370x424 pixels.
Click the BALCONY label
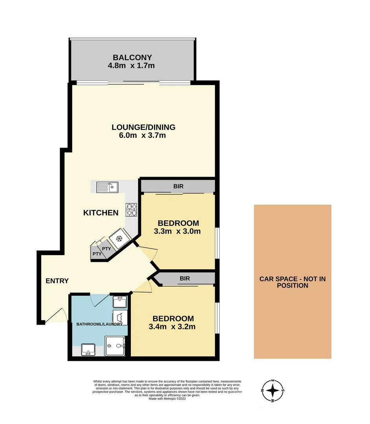132,58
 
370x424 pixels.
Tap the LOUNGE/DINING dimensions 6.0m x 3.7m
143,136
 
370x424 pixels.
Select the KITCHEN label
101,213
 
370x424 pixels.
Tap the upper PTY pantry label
106,249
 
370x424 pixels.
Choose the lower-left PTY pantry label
97,254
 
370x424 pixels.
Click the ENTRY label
57,281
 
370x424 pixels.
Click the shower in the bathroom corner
116,346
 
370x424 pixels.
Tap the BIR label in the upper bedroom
178,186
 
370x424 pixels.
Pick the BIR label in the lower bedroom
185,279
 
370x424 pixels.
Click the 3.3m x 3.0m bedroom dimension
177,231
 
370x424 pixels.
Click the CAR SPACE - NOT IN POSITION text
293,282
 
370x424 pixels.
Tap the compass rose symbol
273,391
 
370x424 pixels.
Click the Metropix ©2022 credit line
167,398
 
